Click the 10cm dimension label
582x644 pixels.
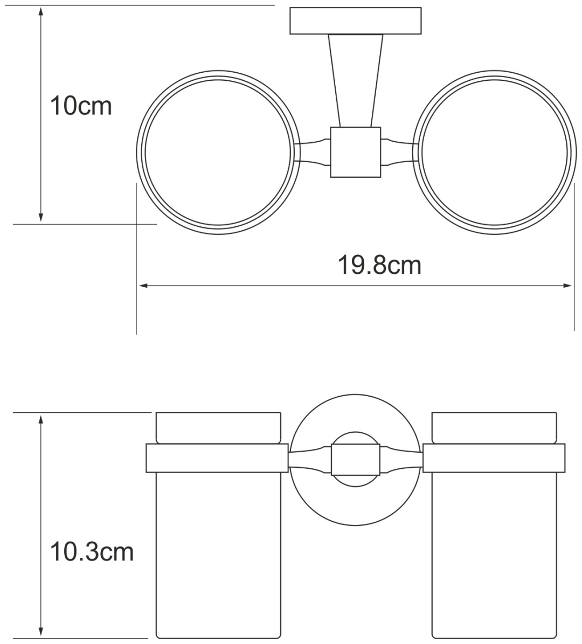[80, 106]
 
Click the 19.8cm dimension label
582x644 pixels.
[379, 265]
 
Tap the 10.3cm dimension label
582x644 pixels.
[92, 552]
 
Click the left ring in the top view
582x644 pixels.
[137, 153]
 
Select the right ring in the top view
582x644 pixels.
[575, 153]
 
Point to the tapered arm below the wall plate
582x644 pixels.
[356, 80]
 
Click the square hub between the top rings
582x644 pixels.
[356, 152]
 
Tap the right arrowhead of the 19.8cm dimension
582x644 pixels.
[567, 286]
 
